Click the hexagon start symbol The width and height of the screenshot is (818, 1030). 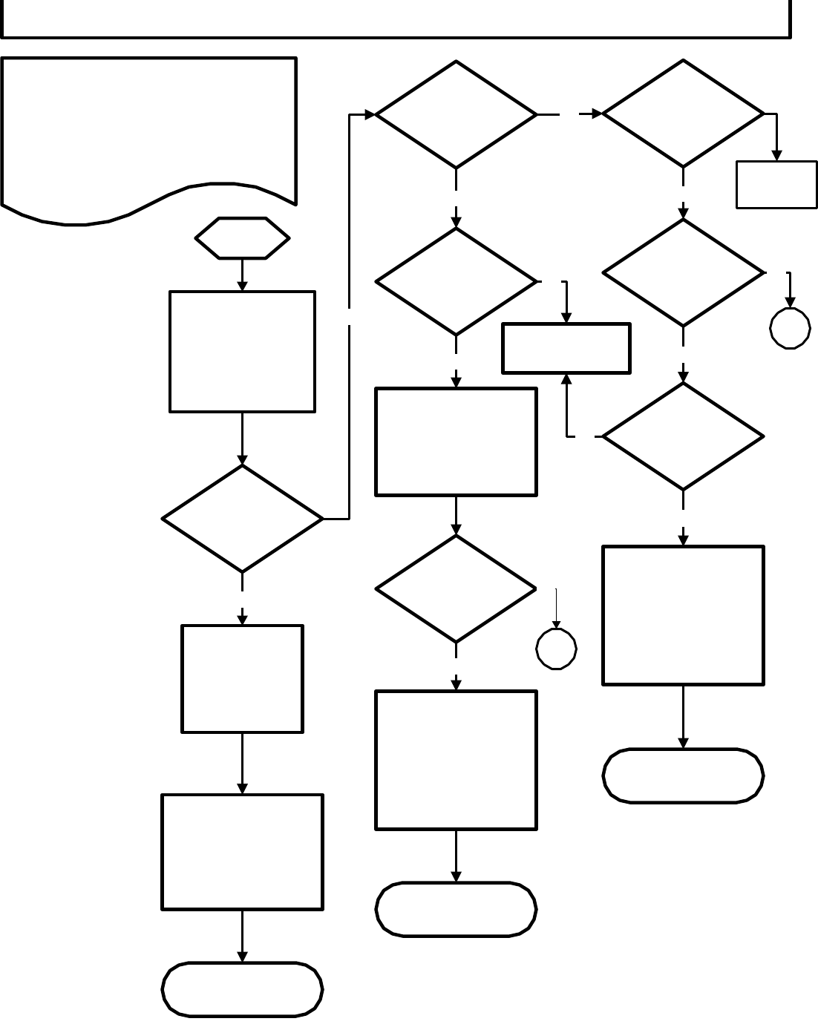[242, 238]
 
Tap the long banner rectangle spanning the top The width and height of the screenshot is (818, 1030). [395, 19]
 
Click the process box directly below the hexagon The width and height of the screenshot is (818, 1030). [242, 351]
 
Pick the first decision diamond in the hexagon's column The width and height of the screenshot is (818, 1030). [242, 518]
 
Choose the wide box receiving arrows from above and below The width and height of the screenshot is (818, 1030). [566, 347]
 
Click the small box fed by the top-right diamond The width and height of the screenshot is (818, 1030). [776, 184]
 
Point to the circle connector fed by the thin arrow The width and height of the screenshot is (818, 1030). [557, 649]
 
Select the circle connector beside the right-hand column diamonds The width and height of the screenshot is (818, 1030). [790, 328]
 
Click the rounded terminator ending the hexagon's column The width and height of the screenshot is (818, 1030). [242, 989]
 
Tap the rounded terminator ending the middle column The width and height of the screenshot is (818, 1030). [456, 909]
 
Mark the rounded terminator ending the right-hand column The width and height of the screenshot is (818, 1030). [683, 775]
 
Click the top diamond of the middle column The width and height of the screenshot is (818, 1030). [456, 114]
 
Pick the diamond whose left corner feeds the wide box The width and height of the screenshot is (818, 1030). [683, 436]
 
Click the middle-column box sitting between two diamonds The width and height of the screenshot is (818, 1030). [456, 441]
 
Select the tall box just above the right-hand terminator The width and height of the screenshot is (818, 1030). [683, 615]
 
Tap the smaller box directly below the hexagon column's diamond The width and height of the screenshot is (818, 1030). [242, 678]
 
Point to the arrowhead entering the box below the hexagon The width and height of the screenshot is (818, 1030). [242, 286]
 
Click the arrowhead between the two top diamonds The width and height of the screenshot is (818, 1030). [596, 114]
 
